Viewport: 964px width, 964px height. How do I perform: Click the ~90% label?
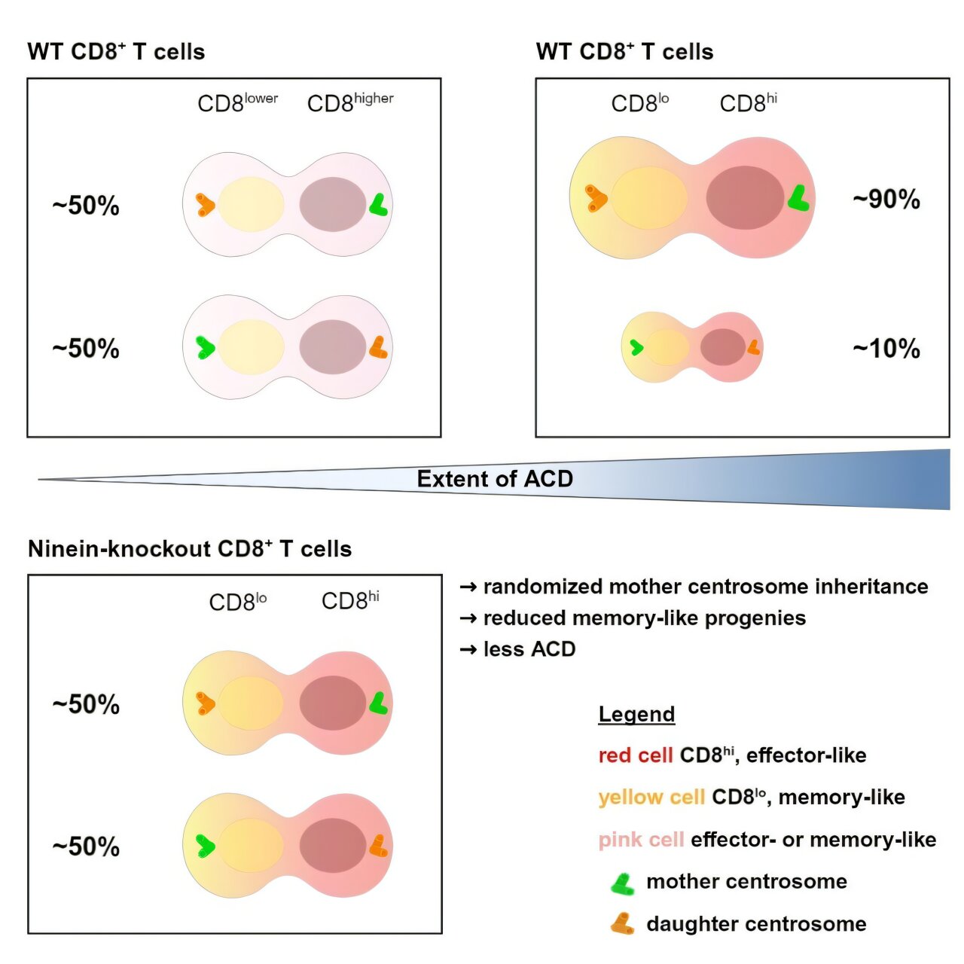point(886,200)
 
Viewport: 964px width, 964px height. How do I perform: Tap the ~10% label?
point(886,349)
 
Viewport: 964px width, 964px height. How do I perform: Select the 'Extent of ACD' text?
point(495,479)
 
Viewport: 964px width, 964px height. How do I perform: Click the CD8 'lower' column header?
point(237,102)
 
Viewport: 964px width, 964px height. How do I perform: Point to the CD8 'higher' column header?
point(350,102)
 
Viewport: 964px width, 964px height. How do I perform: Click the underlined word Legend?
point(636,714)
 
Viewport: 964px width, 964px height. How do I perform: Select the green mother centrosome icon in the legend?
point(622,883)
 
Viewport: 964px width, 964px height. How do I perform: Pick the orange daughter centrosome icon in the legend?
point(622,924)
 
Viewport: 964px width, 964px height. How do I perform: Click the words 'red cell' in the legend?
point(635,755)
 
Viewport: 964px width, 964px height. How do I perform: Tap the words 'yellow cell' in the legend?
point(651,798)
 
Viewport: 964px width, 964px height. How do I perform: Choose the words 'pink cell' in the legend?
point(641,840)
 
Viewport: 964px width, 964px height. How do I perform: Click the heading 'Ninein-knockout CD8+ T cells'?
point(190,549)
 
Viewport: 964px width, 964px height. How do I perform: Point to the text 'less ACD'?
point(529,649)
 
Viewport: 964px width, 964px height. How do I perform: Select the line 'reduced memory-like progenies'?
point(644,618)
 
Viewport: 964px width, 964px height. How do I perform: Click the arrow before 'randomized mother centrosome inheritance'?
point(468,587)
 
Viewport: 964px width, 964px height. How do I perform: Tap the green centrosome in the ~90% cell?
point(798,198)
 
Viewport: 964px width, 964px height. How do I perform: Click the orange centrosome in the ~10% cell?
point(753,347)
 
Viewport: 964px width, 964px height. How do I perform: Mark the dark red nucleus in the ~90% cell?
point(745,197)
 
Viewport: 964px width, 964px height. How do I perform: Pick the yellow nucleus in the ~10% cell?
point(667,347)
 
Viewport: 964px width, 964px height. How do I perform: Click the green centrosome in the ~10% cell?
point(636,347)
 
